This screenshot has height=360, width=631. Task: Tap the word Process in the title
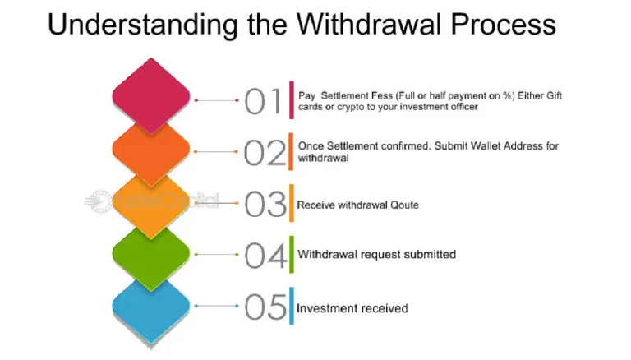tap(504, 25)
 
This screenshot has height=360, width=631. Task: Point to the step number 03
tap(265, 204)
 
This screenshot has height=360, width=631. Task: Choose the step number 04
tap(265, 256)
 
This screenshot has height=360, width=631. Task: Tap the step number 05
tap(265, 307)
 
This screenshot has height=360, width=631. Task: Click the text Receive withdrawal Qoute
tap(357, 205)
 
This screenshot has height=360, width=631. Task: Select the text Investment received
tap(352, 308)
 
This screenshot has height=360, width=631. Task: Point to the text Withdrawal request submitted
tap(376, 255)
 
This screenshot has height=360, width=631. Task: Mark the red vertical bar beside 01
tap(290, 101)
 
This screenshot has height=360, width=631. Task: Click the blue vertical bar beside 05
tap(290, 306)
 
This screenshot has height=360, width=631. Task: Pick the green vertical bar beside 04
tap(290, 254)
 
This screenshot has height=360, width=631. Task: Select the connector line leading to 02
tap(216, 152)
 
